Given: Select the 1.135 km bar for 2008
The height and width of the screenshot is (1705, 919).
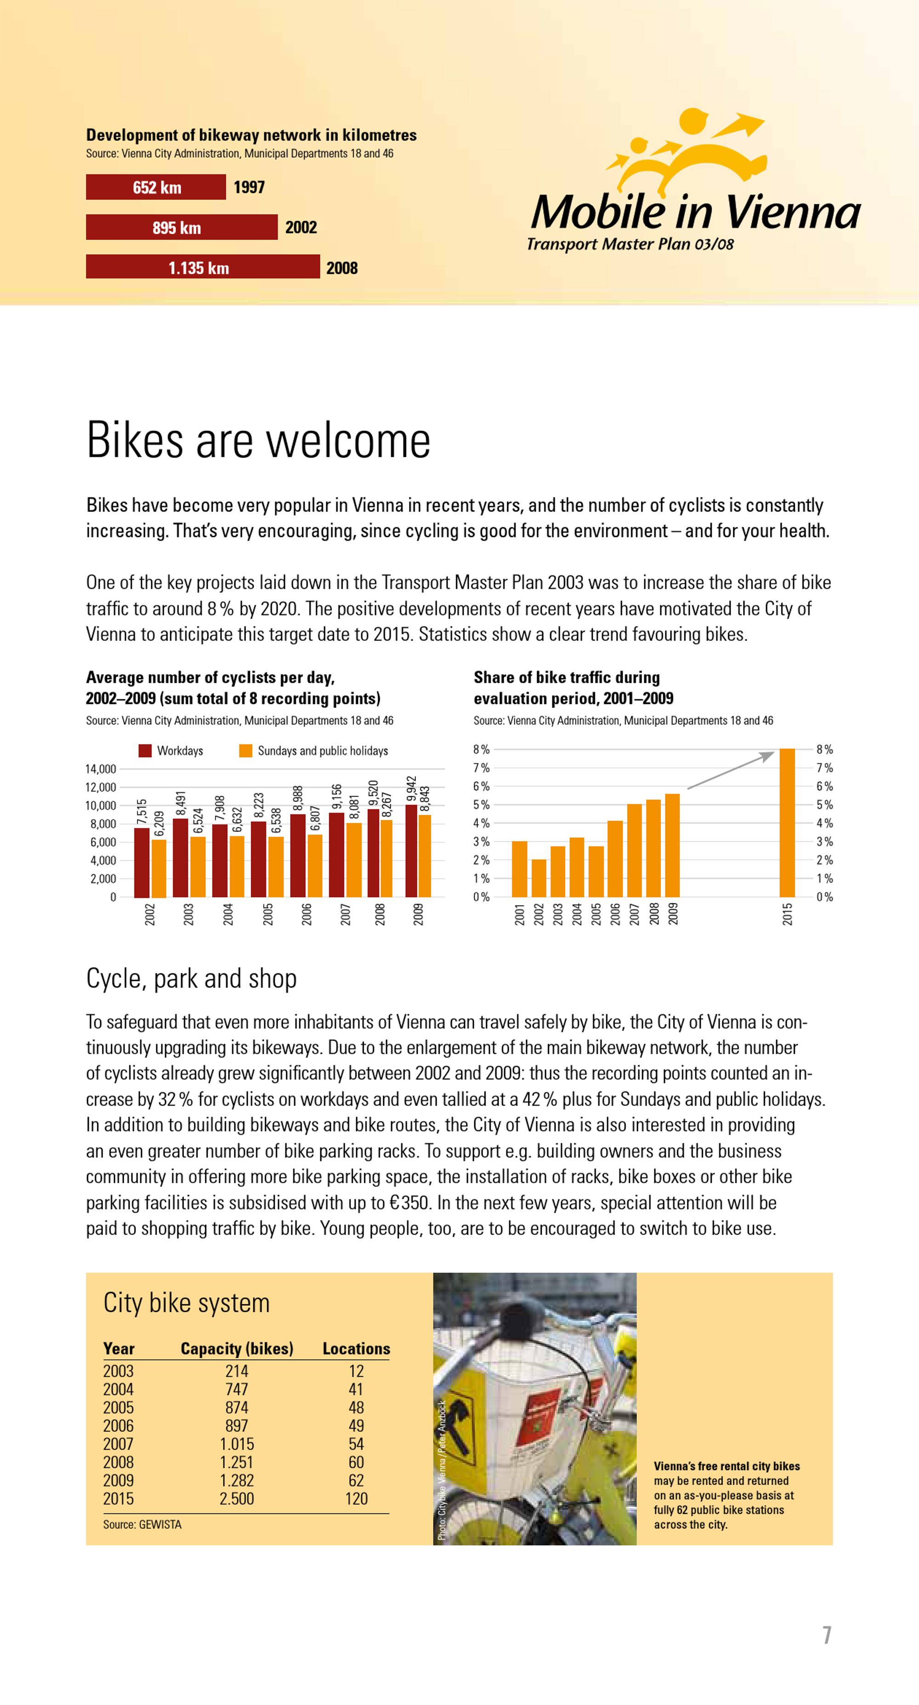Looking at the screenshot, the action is click(203, 267).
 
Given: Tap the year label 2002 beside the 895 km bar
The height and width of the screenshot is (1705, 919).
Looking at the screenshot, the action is click(301, 228).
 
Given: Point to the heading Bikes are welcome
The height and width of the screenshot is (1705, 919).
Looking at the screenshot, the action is click(258, 440).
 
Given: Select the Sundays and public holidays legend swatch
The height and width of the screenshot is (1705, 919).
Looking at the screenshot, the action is click(246, 751).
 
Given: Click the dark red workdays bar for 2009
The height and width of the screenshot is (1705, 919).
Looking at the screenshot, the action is click(411, 851).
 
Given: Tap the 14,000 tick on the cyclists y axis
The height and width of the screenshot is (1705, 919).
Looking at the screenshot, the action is click(101, 769).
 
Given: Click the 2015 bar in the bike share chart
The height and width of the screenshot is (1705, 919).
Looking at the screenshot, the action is click(787, 823).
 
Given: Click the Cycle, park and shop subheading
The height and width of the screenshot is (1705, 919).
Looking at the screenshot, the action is click(191, 978).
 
